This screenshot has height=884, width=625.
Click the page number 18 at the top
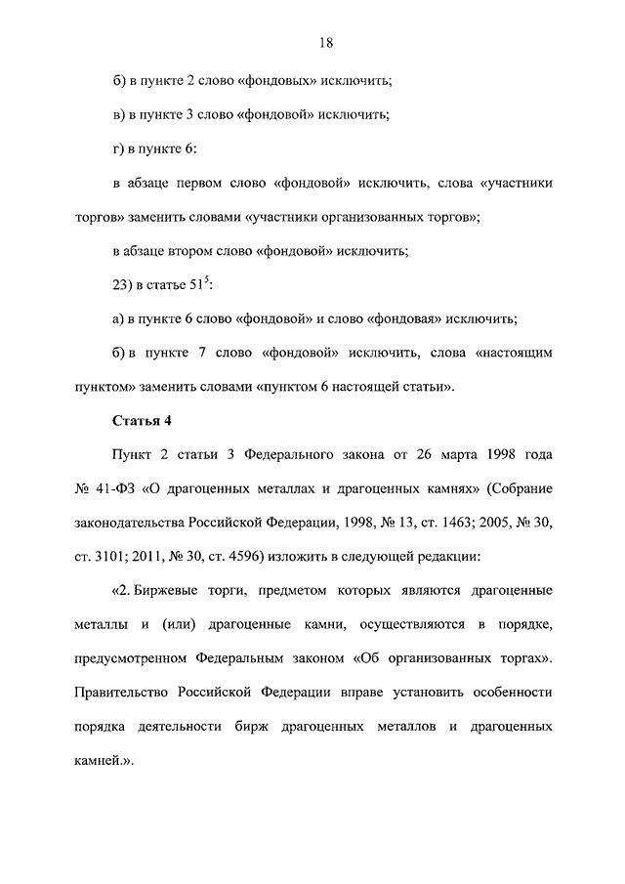pos(325,43)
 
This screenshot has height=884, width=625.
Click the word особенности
pos(509,695)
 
